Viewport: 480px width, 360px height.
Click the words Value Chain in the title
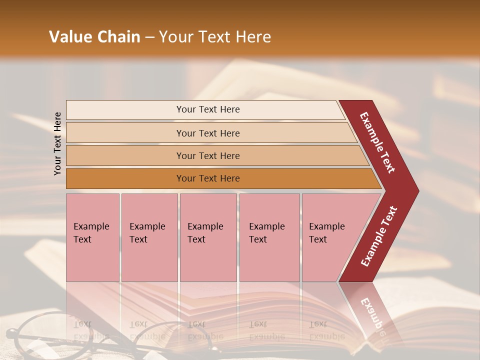pos(94,37)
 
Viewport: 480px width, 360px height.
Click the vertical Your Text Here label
pos(57,143)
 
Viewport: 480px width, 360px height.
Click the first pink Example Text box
pos(92,237)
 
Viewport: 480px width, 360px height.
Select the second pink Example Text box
pos(149,237)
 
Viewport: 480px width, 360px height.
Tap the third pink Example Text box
pos(208,237)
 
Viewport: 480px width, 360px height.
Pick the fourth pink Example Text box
pos(269,237)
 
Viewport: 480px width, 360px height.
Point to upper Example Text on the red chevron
pos(377,142)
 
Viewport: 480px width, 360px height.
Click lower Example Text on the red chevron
pos(379,236)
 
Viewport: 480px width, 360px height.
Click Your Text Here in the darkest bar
pos(208,178)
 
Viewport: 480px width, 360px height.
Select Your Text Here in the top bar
pos(208,109)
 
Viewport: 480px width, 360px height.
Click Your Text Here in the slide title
pos(215,37)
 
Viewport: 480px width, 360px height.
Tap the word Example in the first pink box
pos(91,226)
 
